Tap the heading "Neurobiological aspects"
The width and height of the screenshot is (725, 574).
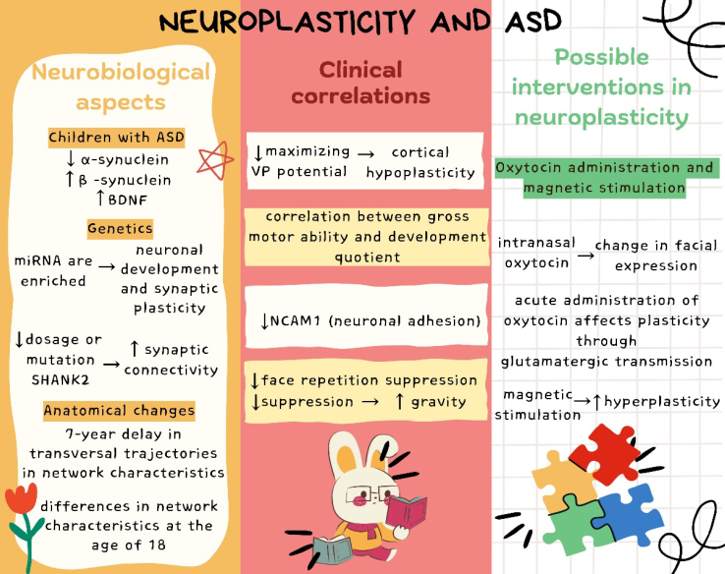pos(120,86)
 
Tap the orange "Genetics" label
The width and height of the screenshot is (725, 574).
pos(118,228)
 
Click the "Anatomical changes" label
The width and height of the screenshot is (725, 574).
pos(119,410)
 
